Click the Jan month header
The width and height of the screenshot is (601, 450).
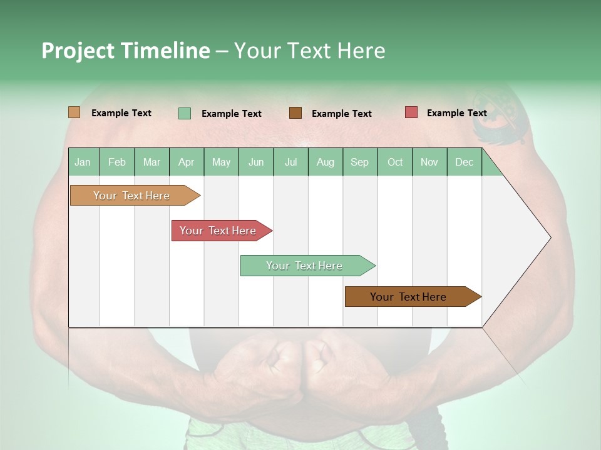coord(83,162)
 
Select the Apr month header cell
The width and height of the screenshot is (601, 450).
coord(187,162)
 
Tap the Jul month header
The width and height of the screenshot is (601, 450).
coord(290,162)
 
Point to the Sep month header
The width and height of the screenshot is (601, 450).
coord(360,162)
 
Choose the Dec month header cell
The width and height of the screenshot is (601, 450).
coord(464,162)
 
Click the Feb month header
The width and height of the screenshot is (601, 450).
coord(117,162)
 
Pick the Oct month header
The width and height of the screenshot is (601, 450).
coord(395,162)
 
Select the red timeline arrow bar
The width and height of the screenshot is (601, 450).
coord(219,231)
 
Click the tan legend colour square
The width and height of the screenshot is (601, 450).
coord(74,112)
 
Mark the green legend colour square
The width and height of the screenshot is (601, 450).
coord(185,113)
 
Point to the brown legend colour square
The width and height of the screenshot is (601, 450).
coord(295,113)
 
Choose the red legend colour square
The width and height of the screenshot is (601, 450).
coord(411,112)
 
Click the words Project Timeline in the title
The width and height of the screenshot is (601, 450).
coord(126,51)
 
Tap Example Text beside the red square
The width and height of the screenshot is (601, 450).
coord(456,113)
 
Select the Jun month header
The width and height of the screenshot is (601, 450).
coord(256,162)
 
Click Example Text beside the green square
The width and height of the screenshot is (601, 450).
coord(231,114)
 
